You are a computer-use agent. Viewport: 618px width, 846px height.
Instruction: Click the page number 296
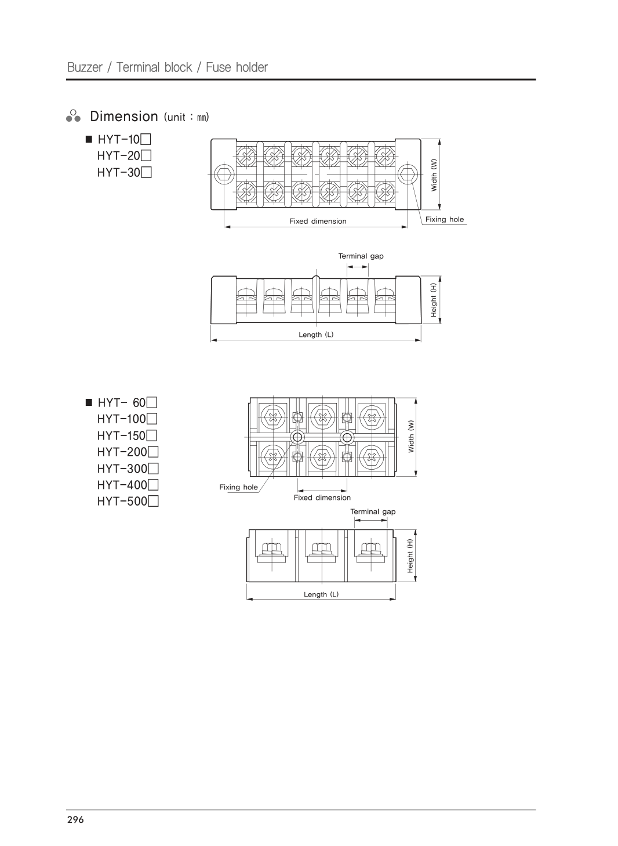tap(75, 819)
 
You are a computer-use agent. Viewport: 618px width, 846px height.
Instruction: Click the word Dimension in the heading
tap(124, 117)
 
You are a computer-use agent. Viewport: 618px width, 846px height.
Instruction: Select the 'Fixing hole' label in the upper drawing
tap(445, 219)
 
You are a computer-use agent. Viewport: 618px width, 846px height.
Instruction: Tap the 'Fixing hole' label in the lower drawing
tap(238, 487)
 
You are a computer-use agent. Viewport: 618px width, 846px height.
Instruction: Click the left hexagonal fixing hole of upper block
tap(223, 173)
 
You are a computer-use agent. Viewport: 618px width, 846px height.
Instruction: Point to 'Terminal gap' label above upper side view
tap(361, 256)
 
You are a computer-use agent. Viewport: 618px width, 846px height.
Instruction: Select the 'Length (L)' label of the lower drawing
tap(321, 594)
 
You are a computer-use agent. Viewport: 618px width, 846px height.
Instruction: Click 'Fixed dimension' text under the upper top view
tap(318, 221)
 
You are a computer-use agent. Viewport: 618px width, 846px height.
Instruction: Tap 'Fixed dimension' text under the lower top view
tap(322, 498)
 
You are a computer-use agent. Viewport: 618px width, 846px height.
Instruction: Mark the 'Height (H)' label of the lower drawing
tap(410, 556)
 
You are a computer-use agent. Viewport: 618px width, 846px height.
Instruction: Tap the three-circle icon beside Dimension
tap(73, 115)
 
